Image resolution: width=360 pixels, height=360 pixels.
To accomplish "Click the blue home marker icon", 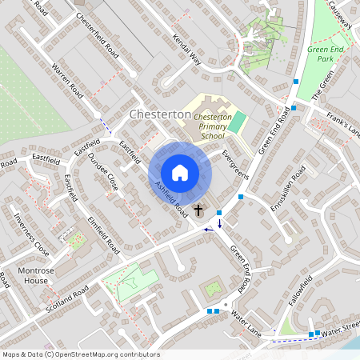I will point(180,173).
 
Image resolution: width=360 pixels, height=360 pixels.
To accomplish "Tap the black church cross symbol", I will point(198,212).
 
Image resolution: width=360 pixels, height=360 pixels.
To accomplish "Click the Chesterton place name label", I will point(160,115).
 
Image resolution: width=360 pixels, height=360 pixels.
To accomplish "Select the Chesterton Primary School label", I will point(213,126).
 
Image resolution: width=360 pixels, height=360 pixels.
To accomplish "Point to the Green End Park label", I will point(325,54).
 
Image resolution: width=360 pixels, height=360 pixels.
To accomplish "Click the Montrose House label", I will point(36,276).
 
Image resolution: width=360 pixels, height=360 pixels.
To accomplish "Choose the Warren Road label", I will point(67,80).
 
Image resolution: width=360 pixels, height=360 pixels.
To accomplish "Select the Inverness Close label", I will point(30,238).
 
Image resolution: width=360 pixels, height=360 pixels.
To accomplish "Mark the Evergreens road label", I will point(235,164).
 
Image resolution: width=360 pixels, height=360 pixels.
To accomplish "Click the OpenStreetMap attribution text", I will point(81,354).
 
